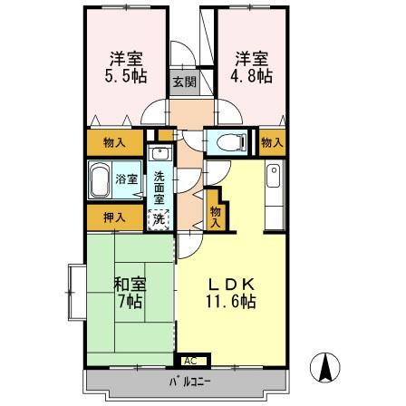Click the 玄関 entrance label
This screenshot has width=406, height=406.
pyautogui.click(x=184, y=82)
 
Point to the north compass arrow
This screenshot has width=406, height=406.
pyautogui.click(x=325, y=367)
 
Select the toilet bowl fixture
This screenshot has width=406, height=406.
pyautogui.click(x=232, y=142)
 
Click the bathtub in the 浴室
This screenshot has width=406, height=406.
pyautogui.click(x=100, y=180)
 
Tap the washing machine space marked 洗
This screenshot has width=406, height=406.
pyautogui.click(x=159, y=219)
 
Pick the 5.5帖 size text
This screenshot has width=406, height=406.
pyautogui.click(x=126, y=76)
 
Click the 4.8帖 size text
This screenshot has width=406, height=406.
pyautogui.click(x=251, y=76)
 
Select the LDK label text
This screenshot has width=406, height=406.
pyautogui.click(x=231, y=284)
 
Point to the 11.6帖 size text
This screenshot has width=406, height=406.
pyautogui.click(x=231, y=301)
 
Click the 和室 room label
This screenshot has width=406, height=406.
pyautogui.click(x=130, y=284)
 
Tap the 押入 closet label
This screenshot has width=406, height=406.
pyautogui.click(x=114, y=217)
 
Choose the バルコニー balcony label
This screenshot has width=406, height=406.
pyautogui.click(x=189, y=382)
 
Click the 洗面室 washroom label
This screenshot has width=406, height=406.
pyautogui.click(x=159, y=188)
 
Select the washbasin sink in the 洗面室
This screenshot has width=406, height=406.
pyautogui.click(x=160, y=153)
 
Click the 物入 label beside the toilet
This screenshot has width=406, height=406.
pyautogui.click(x=273, y=142)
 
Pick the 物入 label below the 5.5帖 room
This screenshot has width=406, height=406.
pyautogui.click(x=114, y=142)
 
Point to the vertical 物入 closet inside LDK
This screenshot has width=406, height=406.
pyautogui.click(x=216, y=217)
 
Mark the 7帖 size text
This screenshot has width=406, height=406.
pyautogui.click(x=130, y=301)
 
